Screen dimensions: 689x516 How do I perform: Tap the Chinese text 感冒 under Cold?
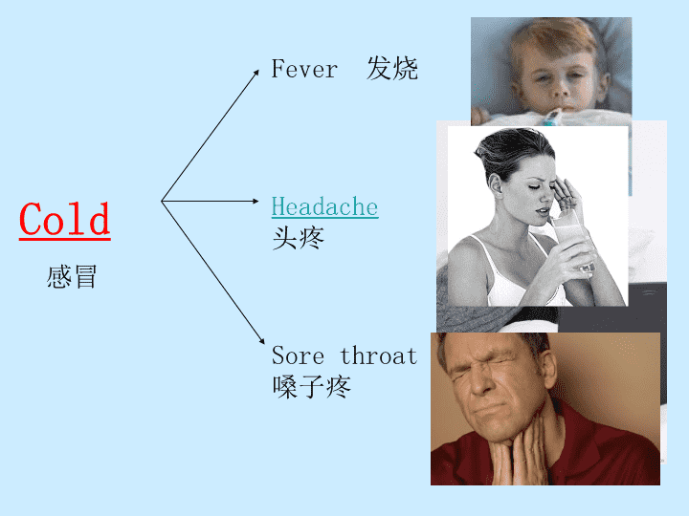72,277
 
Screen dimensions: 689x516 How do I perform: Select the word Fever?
304,69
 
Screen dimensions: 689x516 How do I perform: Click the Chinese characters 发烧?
392,69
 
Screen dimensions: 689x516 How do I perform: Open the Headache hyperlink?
324,206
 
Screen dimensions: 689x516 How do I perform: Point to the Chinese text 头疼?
298,238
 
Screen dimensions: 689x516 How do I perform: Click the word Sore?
298,355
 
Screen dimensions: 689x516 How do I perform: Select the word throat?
379,355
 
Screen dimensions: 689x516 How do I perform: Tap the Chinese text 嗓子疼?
311,387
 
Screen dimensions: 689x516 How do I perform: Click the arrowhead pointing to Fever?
256,73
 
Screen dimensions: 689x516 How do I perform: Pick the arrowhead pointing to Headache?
256,201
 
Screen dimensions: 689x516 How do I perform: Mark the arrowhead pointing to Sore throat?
262,340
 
